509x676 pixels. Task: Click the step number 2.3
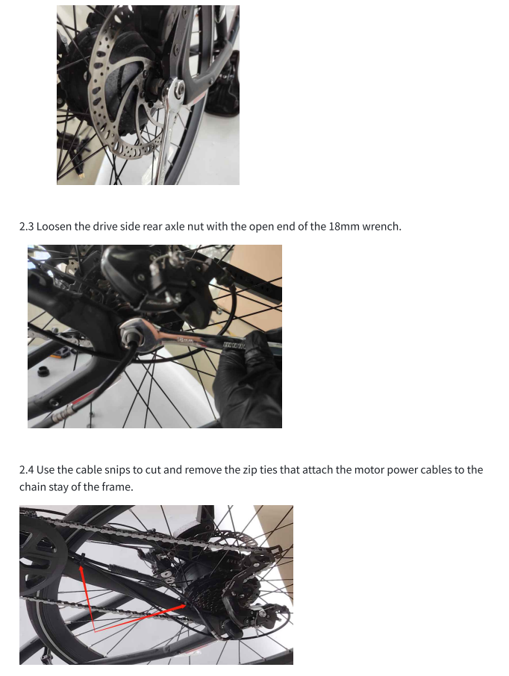26,227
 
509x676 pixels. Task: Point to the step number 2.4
27,470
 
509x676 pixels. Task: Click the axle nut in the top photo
177,90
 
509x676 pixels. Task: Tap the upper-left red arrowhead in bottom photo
81,571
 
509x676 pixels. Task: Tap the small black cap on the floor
43,371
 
